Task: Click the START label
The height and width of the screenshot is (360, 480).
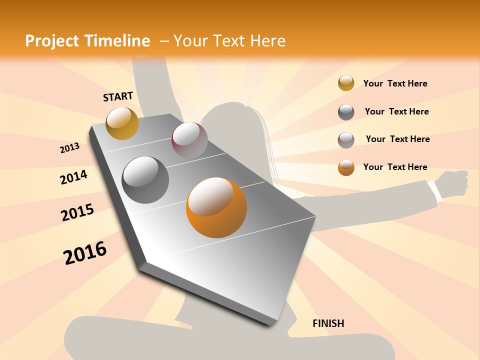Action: click(x=118, y=96)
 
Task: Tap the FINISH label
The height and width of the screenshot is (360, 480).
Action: click(x=328, y=323)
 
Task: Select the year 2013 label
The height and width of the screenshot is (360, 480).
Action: click(x=69, y=148)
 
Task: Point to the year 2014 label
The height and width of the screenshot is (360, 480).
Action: click(x=73, y=177)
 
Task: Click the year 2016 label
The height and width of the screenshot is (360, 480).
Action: click(x=85, y=253)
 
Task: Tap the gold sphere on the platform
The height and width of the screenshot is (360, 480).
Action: click(x=122, y=123)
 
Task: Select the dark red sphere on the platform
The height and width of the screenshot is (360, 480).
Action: click(x=189, y=140)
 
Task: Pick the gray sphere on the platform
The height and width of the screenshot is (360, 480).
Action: click(x=145, y=180)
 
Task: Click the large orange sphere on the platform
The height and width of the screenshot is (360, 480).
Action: click(x=216, y=207)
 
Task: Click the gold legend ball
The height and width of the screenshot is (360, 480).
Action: click(x=346, y=83)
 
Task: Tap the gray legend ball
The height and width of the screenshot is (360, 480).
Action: click(x=346, y=112)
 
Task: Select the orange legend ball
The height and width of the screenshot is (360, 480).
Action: click(x=346, y=167)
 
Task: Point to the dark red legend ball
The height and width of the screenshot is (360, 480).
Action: click(x=346, y=140)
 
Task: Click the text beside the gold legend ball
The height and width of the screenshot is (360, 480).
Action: click(x=395, y=83)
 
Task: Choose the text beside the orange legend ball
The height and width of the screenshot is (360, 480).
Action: click(x=395, y=167)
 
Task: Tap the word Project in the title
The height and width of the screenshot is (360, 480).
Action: click(x=51, y=41)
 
